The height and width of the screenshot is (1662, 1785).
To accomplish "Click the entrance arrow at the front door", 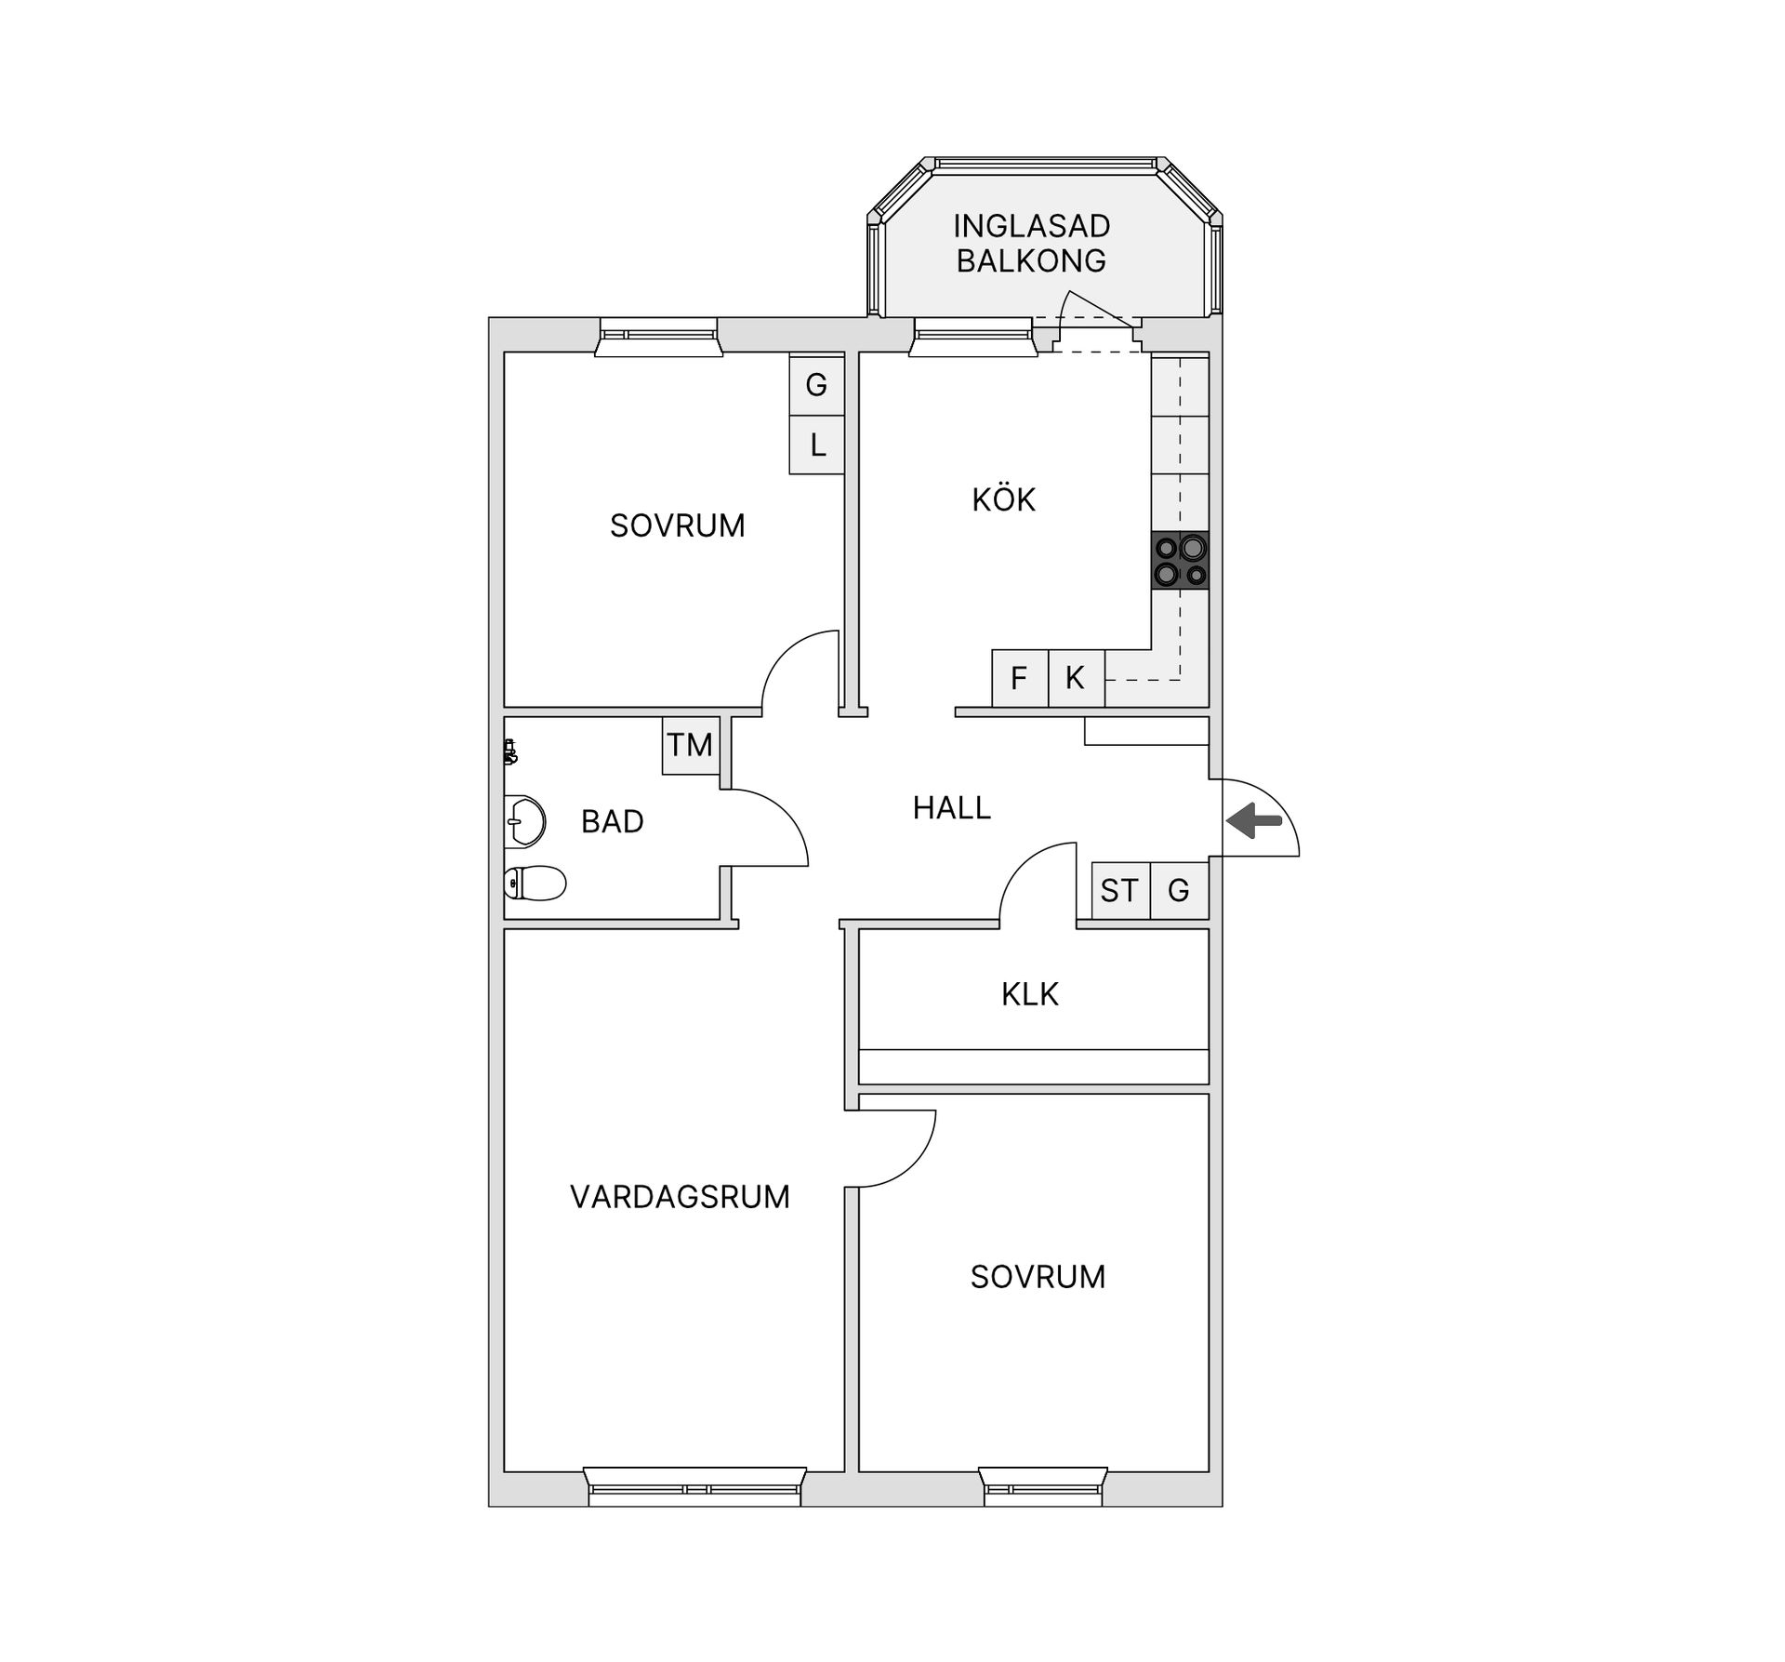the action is pyautogui.click(x=1254, y=820).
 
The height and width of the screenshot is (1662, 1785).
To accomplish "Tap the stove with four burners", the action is pyautogui.click(x=1181, y=560).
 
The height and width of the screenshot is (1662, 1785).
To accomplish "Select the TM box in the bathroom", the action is pyautogui.click(x=691, y=745).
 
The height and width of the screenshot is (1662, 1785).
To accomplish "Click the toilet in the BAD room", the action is pyautogui.click(x=535, y=883).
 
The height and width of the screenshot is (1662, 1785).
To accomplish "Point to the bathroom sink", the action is pyautogui.click(x=524, y=821).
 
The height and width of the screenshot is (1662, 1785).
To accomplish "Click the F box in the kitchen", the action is pyautogui.click(x=1020, y=678).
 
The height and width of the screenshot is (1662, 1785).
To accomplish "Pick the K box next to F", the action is pyautogui.click(x=1077, y=678).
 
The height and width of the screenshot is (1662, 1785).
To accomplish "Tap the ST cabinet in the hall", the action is pyautogui.click(x=1120, y=891).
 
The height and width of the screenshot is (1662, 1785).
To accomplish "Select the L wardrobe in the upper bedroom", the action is pyautogui.click(x=817, y=445).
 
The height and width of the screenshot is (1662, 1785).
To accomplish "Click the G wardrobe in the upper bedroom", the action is pyautogui.click(x=817, y=384).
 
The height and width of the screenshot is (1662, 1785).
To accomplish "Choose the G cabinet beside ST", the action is pyautogui.click(x=1180, y=891).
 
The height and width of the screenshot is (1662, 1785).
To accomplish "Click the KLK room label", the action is pyautogui.click(x=1030, y=994).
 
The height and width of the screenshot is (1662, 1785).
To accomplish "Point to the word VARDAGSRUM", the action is pyautogui.click(x=680, y=1196).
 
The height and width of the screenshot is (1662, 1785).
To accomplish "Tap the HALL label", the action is pyautogui.click(x=952, y=808).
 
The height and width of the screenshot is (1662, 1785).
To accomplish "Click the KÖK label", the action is pyautogui.click(x=1004, y=499).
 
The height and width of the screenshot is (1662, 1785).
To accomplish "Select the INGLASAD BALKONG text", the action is pyautogui.click(x=1032, y=244).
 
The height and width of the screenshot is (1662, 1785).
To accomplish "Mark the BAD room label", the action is pyautogui.click(x=613, y=821).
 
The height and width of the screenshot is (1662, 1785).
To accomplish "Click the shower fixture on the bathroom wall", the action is pyautogui.click(x=510, y=751).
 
